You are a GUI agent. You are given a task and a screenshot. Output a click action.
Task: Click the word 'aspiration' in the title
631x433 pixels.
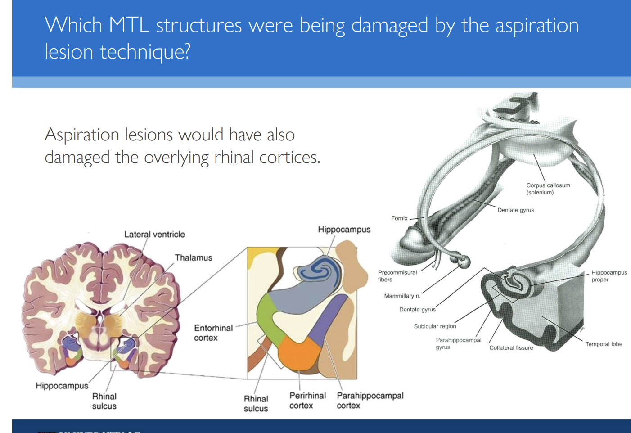[536, 26]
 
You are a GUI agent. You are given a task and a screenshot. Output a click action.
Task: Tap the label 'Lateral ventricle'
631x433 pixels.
[154, 235]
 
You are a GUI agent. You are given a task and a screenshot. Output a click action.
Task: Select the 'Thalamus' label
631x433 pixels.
[194, 258]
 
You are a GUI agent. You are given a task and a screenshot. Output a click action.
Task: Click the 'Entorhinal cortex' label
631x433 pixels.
[213, 333]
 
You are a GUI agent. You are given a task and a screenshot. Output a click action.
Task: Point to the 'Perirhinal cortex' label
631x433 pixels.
[307, 401]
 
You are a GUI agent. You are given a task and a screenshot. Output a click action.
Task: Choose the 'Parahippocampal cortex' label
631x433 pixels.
[370, 401]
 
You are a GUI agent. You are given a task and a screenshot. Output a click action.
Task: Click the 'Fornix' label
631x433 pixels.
[399, 218]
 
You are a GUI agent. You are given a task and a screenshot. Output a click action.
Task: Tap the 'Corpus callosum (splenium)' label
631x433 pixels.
[548, 189]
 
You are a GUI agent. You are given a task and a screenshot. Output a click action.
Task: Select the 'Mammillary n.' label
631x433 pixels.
[402, 296]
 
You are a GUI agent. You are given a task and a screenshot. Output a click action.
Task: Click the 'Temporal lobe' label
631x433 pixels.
[604, 344]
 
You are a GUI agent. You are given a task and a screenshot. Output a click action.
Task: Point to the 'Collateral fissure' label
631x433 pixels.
[511, 348]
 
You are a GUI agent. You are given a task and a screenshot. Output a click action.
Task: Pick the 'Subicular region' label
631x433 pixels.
[435, 326]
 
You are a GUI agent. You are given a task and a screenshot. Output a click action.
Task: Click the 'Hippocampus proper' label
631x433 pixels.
[608, 276]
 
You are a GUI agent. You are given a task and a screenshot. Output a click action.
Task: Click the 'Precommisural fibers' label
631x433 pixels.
[397, 276]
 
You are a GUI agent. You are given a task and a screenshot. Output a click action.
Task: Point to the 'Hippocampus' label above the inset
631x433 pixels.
[344, 230]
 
